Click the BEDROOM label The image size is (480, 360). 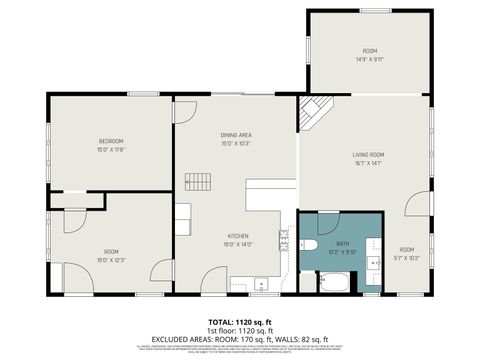[110, 141]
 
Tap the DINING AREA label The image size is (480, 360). [236, 134]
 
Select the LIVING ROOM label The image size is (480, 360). [368, 154]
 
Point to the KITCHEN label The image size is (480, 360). [236, 235]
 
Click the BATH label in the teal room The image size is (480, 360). [342, 243]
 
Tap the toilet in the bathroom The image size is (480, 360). [309, 245]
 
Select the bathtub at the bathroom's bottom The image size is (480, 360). [334, 281]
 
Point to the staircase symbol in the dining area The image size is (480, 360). [199, 181]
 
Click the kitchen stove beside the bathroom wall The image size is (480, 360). [285, 240]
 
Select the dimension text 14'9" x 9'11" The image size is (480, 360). [369, 59]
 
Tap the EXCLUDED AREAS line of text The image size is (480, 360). [240, 338]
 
